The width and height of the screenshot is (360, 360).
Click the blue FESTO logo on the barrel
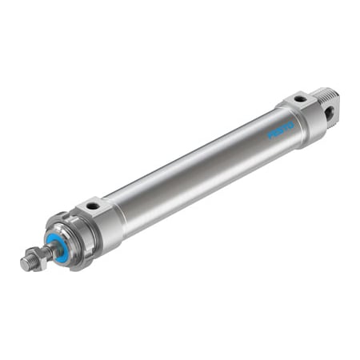pyautogui.click(x=281, y=129)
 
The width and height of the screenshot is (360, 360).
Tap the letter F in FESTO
pyautogui.click(x=271, y=135)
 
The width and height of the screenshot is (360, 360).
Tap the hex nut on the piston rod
pyautogui.click(x=32, y=258)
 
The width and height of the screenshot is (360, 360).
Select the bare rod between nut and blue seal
pyautogui.click(x=44, y=250)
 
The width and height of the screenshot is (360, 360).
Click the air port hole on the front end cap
pyautogui.click(x=94, y=206)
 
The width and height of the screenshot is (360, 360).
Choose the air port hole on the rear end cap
pyautogui.click(x=299, y=99)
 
